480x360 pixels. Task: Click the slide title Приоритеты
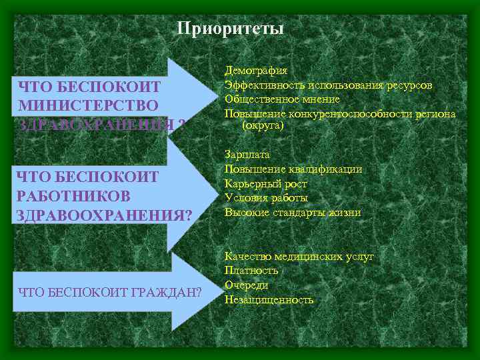(x=231, y=29)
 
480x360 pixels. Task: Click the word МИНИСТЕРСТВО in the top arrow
(x=89, y=105)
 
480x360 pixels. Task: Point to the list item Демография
(x=256, y=71)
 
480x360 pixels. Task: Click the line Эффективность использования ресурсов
(x=328, y=85)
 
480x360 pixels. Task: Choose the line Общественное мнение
(x=282, y=99)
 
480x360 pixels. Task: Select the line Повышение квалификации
(x=293, y=169)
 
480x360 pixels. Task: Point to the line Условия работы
(x=266, y=198)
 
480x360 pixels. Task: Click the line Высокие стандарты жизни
(x=293, y=213)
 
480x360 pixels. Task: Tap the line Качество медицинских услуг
(x=299, y=256)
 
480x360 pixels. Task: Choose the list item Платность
(x=251, y=271)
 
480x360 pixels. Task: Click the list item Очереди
(x=247, y=285)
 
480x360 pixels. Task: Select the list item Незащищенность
(x=269, y=300)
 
